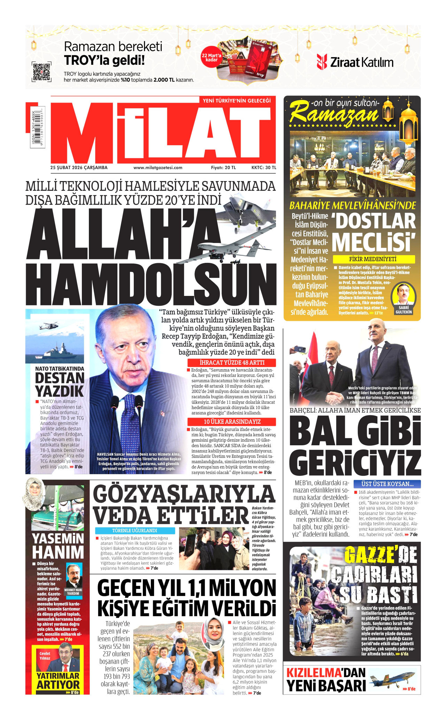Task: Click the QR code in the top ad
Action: [x=41, y=72]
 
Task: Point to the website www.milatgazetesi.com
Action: [x=158, y=167]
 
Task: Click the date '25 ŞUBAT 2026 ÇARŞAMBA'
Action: [x=79, y=167]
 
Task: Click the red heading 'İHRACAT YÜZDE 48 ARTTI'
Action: [x=232, y=362]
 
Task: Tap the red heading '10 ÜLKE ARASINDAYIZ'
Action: [x=232, y=422]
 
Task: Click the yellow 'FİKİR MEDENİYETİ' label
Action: [x=374, y=259]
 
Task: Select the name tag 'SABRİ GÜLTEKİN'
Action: [x=403, y=310]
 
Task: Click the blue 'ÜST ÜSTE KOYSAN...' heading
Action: [x=387, y=484]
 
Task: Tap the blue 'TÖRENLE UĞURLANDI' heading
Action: [x=135, y=531]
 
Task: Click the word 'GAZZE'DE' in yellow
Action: [x=380, y=555]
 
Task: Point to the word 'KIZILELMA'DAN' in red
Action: [x=325, y=672]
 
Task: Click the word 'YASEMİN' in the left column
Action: [x=58, y=539]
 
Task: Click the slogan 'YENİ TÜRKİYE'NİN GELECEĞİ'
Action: [x=237, y=101]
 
